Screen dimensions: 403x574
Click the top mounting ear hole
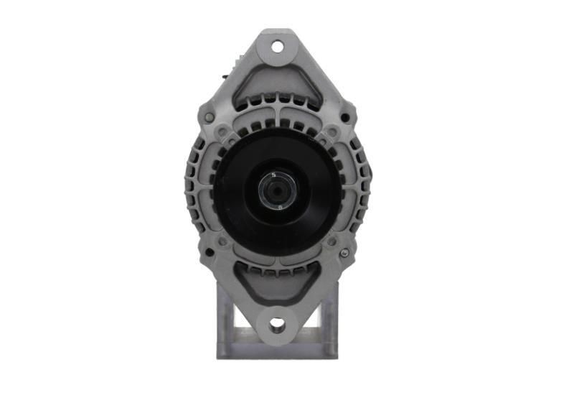point(277,47)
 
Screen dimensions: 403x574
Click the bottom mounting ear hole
point(277,325)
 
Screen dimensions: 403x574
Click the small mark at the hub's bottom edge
point(279,207)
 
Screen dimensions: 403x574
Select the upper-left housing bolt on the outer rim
point(209,117)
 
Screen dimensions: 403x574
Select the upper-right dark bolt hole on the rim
point(345,117)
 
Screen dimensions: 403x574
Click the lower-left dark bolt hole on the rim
point(209,253)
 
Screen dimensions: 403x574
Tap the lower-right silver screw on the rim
point(345,253)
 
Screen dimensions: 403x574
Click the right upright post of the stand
point(330,323)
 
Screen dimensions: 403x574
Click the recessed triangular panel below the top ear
point(277,83)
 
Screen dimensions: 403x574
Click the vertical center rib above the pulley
point(277,115)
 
